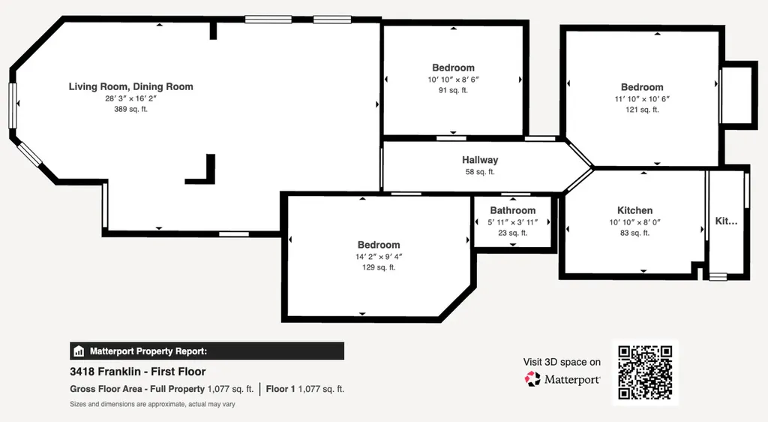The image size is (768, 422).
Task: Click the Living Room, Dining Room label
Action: (x=130, y=87)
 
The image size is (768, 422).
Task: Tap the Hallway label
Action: (x=480, y=160)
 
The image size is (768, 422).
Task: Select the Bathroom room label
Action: (x=513, y=210)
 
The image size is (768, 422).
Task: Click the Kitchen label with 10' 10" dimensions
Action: (x=634, y=210)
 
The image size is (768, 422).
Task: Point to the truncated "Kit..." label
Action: (x=726, y=221)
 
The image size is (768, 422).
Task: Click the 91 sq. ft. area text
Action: (x=453, y=90)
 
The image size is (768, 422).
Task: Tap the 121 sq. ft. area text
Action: (x=642, y=110)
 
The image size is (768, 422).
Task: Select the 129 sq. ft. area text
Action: (x=379, y=267)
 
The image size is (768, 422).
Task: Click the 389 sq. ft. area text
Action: (x=130, y=109)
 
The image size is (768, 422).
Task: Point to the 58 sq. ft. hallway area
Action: (x=480, y=172)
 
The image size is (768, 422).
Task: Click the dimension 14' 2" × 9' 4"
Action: (x=379, y=256)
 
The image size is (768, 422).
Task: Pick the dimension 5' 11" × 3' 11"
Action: (x=513, y=222)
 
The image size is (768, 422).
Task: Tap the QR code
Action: (x=645, y=372)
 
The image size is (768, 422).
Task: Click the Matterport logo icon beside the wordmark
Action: (x=532, y=379)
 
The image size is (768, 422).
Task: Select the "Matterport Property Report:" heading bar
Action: (x=207, y=351)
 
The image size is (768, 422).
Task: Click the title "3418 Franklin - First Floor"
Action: (x=138, y=372)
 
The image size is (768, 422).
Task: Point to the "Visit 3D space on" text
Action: (x=562, y=362)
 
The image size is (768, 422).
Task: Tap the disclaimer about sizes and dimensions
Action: (x=152, y=405)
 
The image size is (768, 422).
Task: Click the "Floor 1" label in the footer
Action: (x=280, y=389)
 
